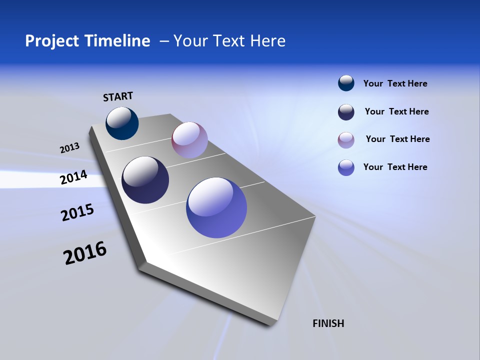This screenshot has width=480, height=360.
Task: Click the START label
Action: [118, 96]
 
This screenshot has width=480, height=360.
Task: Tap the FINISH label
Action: [328, 323]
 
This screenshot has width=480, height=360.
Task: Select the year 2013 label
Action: [69, 148]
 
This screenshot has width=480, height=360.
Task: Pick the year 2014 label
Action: [73, 177]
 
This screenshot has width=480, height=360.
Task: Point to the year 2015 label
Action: [77, 212]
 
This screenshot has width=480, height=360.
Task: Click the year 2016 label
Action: [85, 253]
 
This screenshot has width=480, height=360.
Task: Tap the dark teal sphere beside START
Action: [122, 123]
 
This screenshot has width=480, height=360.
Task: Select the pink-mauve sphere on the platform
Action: [189, 140]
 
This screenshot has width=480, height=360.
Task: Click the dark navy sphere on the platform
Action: [145, 180]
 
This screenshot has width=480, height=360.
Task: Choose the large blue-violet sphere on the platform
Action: [216, 207]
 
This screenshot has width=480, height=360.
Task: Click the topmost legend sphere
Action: [346, 83]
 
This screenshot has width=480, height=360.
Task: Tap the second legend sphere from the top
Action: [346, 112]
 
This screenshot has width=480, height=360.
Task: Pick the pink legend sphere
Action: [346, 140]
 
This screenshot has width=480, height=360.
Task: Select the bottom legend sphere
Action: [346, 167]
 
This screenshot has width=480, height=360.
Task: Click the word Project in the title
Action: [52, 41]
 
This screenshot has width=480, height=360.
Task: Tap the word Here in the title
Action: [265, 41]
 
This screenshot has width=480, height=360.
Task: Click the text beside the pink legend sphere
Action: [397, 139]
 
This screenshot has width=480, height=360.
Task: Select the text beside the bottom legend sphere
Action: [395, 167]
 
